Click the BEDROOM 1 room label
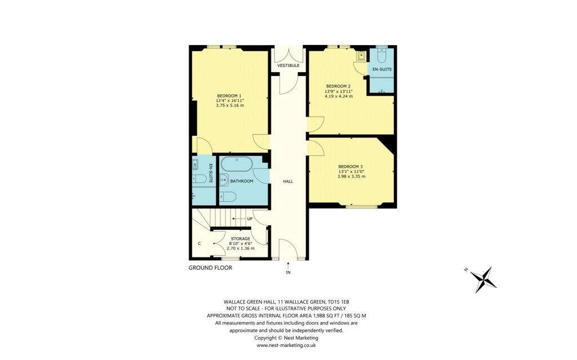229,96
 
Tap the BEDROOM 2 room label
338,86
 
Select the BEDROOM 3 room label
350,166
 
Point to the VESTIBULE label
288,66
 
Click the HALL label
288,181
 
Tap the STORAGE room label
240,239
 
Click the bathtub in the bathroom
237,165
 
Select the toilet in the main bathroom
229,197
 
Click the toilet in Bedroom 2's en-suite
381,57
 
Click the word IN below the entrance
288,273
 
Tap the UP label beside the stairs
249,219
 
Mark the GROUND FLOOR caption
210,268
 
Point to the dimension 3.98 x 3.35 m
350,176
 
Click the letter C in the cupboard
199,243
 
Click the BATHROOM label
242,181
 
